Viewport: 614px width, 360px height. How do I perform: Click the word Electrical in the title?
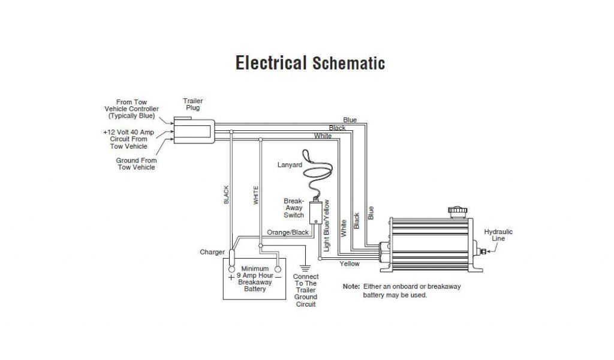270,63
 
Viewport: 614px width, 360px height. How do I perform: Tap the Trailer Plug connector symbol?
193,130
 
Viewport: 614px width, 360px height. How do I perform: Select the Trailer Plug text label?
192,104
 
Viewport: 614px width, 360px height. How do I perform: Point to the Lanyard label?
290,164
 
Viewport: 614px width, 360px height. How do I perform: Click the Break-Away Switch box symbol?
315,212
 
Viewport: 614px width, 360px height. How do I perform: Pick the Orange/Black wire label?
288,232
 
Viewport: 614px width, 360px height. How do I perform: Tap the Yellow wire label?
350,264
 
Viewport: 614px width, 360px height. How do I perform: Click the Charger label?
212,252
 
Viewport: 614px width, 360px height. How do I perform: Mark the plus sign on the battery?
231,278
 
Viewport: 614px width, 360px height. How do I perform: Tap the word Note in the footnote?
351,287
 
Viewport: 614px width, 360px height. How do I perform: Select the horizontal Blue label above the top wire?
350,120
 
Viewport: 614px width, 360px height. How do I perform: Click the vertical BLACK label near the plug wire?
227,195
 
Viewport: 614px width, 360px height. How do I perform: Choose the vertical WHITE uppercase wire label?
256,196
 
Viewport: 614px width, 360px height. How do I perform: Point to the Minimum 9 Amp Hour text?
255,272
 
